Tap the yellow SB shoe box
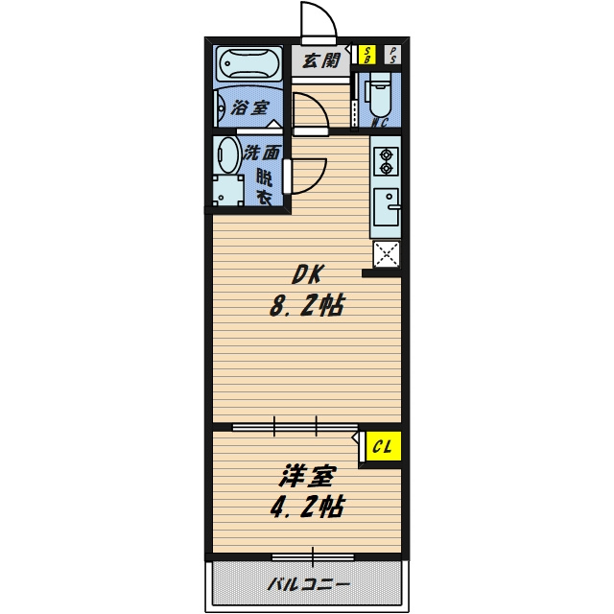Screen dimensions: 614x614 367,55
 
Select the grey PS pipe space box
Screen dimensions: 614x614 392,55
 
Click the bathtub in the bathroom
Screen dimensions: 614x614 248,64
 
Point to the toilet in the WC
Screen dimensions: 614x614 378,97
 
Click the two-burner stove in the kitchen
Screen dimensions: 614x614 386,161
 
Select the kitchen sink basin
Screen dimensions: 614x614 387,207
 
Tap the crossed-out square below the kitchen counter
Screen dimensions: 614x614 386,254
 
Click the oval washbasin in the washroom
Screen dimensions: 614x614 228,155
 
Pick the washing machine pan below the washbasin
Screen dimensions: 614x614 228,190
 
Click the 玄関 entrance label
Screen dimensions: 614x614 321,60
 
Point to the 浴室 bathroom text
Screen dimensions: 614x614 249,107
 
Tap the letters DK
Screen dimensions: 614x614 307,274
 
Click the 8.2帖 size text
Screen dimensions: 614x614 307,305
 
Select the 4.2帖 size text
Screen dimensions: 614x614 307,507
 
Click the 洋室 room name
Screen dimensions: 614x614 307,476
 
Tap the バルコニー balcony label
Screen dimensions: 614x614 308,585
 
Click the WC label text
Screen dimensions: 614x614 379,123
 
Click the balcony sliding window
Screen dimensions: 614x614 313,556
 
